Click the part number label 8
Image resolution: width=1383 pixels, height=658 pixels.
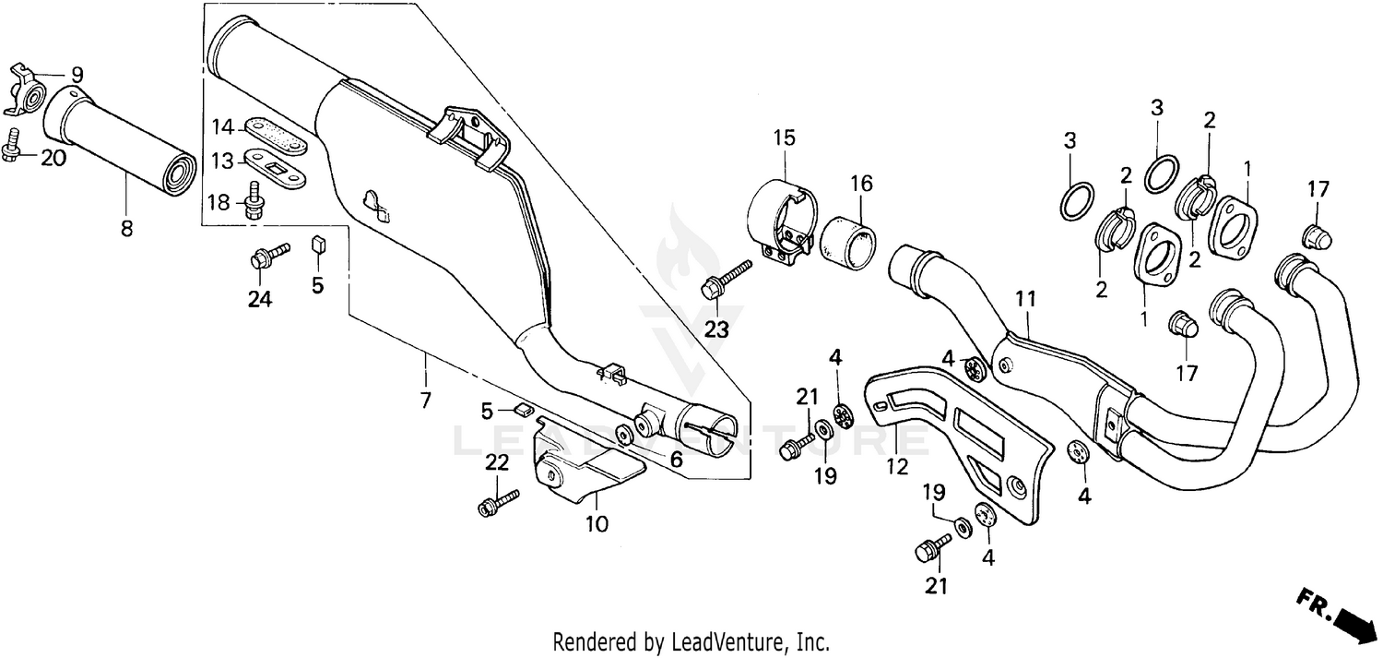(x=127, y=228)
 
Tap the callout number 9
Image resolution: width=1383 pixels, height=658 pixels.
(x=77, y=75)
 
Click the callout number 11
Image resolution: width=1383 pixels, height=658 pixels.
(x=1026, y=299)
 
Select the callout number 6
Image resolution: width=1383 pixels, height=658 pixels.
(x=676, y=456)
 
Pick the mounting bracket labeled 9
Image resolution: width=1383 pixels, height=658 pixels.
(x=30, y=92)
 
